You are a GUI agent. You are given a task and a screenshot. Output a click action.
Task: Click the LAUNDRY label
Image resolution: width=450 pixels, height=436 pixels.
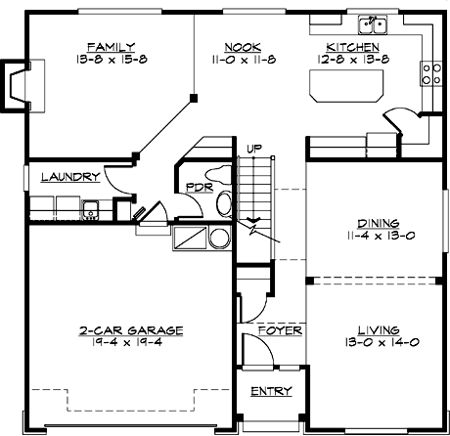coord(69,178)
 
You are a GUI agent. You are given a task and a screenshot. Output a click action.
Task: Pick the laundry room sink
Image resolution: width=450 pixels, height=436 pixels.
coord(90,206)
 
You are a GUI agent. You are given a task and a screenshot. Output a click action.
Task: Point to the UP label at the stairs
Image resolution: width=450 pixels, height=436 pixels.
coord(254,149)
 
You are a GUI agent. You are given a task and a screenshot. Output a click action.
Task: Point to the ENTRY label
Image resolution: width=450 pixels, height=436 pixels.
coord(271,391)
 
